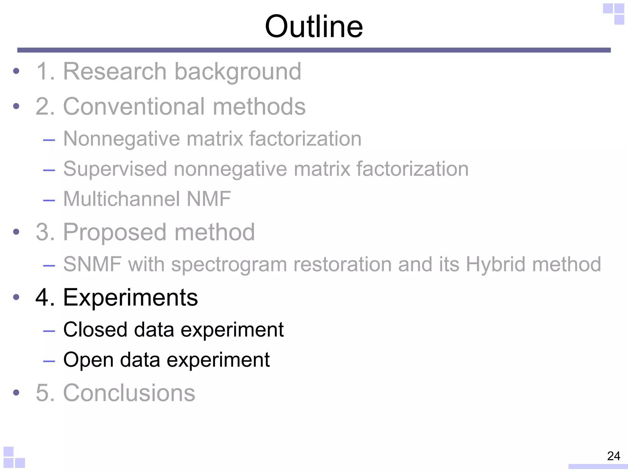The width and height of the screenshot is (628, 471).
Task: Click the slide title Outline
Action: [x=314, y=27]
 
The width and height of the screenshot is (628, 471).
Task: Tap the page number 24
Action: [x=614, y=456]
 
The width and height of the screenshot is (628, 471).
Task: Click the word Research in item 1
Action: [x=115, y=71]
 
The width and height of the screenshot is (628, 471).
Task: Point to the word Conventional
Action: [x=133, y=106]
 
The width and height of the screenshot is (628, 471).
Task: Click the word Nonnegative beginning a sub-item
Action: [x=121, y=139]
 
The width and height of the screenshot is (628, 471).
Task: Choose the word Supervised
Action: [x=115, y=169]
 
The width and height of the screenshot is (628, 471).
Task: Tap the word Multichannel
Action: [x=121, y=199]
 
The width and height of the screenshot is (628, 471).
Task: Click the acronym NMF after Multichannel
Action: [x=209, y=199]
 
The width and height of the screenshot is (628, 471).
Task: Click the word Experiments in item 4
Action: [x=130, y=298]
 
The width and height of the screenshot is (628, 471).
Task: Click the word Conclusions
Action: [x=129, y=393]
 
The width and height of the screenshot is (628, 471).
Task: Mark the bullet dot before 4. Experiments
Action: [x=16, y=297]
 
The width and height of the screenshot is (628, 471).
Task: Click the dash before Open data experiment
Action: [x=49, y=361]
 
